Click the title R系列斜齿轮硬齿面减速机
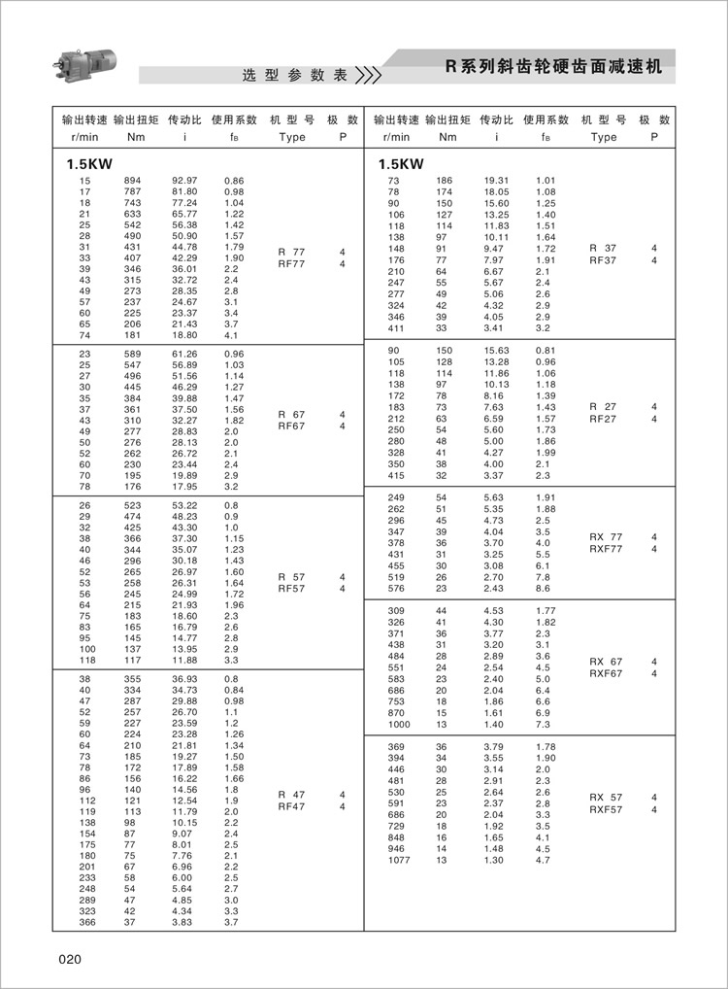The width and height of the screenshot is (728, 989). [553, 67]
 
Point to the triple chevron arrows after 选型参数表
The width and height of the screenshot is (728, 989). [368, 76]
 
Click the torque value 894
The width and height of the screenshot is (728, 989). [132, 182]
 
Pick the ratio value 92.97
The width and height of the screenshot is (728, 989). [184, 182]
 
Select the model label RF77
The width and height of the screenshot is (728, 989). [291, 263]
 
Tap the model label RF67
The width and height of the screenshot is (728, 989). [291, 426]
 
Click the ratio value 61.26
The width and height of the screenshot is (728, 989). [184, 354]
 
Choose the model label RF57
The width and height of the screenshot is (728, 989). [291, 588]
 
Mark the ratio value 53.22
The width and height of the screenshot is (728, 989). [184, 506]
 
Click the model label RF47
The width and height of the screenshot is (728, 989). [291, 806]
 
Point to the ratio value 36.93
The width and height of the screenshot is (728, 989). [184, 679]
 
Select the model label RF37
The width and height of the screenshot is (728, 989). [603, 260]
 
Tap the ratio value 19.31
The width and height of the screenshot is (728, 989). [497, 182]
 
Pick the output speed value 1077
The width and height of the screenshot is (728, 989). [399, 860]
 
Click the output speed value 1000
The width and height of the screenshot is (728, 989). [399, 725]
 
